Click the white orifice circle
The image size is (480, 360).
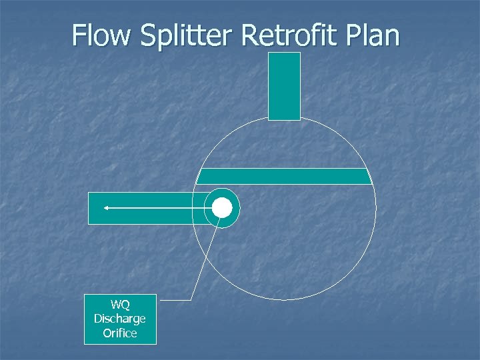222,208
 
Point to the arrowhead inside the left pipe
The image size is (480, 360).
105,208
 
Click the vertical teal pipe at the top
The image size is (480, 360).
284,87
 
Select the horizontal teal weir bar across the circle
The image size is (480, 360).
285,176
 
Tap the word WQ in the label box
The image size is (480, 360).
120,306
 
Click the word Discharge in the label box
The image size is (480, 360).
120,319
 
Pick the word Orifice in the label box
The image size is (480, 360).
120,332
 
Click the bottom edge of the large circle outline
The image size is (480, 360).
284,299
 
